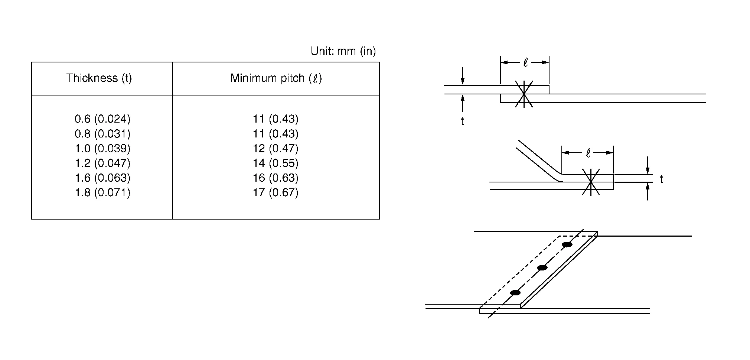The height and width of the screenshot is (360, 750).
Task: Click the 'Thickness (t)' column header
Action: pos(99,78)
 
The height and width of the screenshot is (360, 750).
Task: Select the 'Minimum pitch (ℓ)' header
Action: pos(276,78)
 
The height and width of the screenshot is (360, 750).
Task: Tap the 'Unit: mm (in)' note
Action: pos(343,51)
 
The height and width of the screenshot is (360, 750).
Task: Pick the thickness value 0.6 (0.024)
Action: pos(102,119)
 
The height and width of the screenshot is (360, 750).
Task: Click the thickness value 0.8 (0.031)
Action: pos(102,134)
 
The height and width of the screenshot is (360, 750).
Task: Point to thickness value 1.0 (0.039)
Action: pos(102,149)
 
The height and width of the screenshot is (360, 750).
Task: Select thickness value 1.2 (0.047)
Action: pos(102,163)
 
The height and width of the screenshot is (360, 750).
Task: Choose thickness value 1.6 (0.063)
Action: pos(102,178)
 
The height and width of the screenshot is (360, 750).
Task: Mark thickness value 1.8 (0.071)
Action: pos(102,192)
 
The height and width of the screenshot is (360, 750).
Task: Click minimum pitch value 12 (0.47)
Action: pos(275,149)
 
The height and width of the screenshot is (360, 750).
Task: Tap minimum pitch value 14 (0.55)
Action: pos(275,163)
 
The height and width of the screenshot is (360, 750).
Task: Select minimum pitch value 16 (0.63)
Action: pos(275,178)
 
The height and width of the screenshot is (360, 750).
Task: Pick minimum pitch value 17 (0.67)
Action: pos(275,192)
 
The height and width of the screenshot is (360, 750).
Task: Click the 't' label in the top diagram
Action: pos(462,121)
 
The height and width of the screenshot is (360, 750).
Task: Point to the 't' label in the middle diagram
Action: pos(661,179)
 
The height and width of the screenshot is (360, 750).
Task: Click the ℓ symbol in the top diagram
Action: pos(525,63)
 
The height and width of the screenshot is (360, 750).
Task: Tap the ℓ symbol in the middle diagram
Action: pos(588,153)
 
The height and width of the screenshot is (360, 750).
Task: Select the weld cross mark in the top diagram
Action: pos(524,94)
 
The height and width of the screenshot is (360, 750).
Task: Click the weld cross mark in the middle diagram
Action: pos(590,182)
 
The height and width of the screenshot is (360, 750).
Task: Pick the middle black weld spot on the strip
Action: pos(542,267)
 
